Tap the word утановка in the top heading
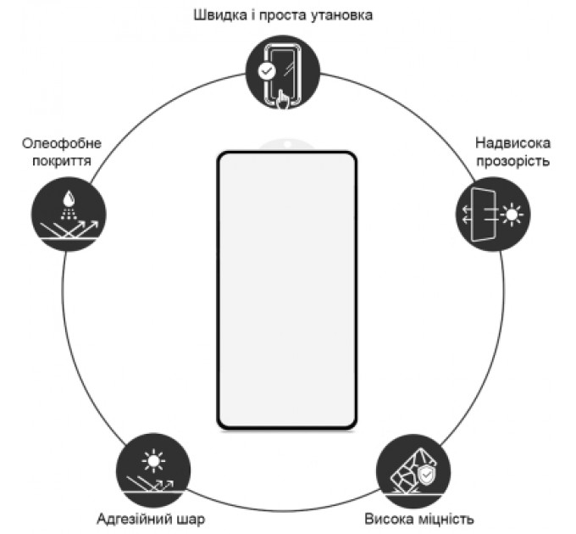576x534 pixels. coord(341,15)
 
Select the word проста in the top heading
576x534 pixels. coord(282,16)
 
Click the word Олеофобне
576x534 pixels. coord(62,143)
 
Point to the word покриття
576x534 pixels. coord(62,161)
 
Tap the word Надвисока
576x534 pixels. coord(512,143)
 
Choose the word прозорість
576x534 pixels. coord(512,161)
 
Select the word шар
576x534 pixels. coord(191,520)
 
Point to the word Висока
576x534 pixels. coord(389,519)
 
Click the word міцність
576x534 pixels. coord(446,519)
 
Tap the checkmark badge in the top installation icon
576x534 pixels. coord(267,71)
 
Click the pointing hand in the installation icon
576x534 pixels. coord(282,99)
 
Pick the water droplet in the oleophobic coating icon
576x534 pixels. coord(69,198)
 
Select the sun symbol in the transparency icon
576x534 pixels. coord(512,214)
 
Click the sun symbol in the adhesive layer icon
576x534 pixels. coord(153,460)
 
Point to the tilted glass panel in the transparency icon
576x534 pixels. coord(484,214)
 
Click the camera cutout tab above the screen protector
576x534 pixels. coord(288,145)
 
